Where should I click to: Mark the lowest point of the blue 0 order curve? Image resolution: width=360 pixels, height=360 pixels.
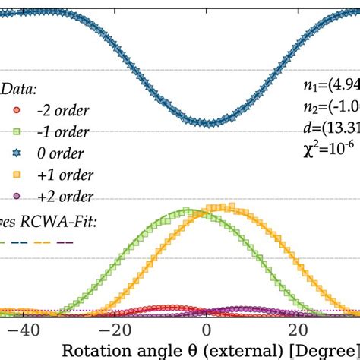[207, 122]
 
